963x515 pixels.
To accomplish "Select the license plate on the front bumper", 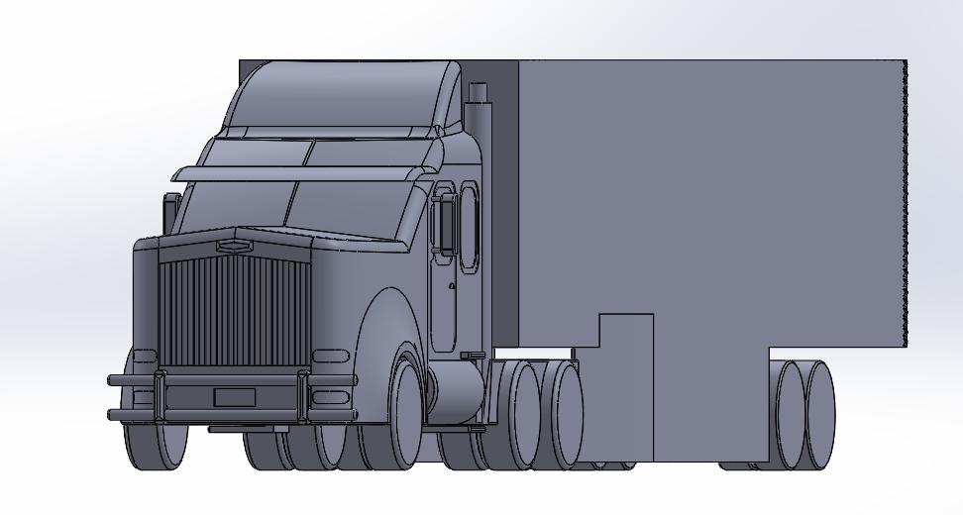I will [235, 398].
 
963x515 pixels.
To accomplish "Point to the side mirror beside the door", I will [443, 223].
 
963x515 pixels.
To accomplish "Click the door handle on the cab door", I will [452, 287].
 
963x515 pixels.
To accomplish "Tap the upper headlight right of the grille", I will [331, 356].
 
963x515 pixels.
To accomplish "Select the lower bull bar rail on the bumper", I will [228, 414].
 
